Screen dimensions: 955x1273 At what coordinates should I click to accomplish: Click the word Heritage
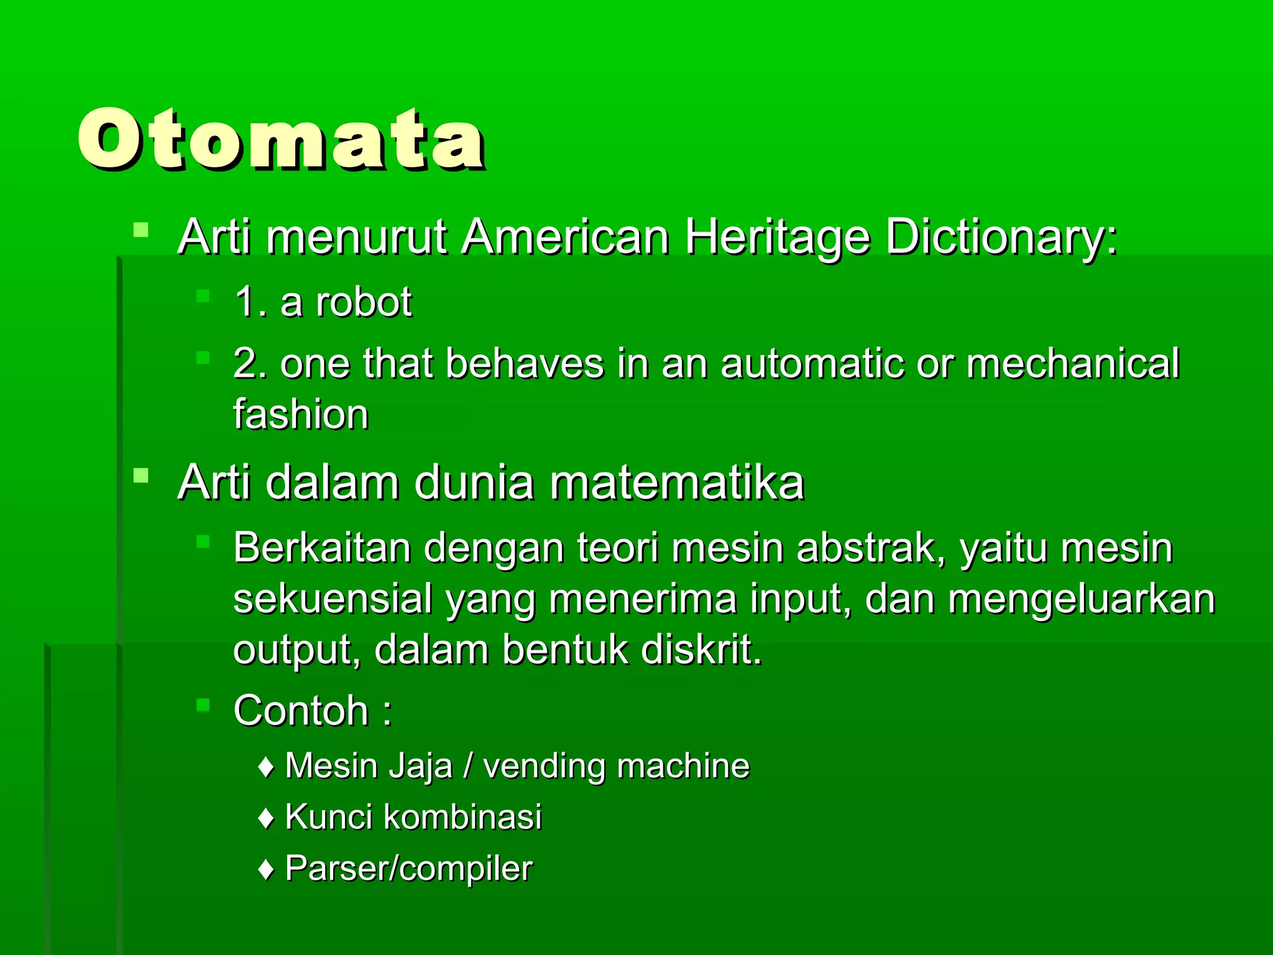(777, 238)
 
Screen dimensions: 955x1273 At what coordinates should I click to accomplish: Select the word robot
(364, 303)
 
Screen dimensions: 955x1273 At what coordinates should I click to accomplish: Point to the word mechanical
(1072, 364)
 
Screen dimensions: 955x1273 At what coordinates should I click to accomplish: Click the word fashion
(301, 415)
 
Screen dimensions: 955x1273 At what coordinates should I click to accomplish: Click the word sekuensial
(333, 599)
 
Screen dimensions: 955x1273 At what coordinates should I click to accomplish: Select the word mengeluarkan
(1082, 601)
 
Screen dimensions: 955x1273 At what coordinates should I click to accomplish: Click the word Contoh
(301, 710)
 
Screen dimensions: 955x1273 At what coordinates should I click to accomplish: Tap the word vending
(545, 766)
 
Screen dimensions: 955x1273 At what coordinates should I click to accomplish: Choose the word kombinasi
(462, 817)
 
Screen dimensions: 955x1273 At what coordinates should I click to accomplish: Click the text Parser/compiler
(408, 869)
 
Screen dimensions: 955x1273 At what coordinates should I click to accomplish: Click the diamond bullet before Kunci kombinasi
(266, 819)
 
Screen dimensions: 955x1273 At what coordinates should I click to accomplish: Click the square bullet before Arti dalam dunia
(141, 477)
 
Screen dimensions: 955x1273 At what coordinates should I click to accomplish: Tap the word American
(565, 238)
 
